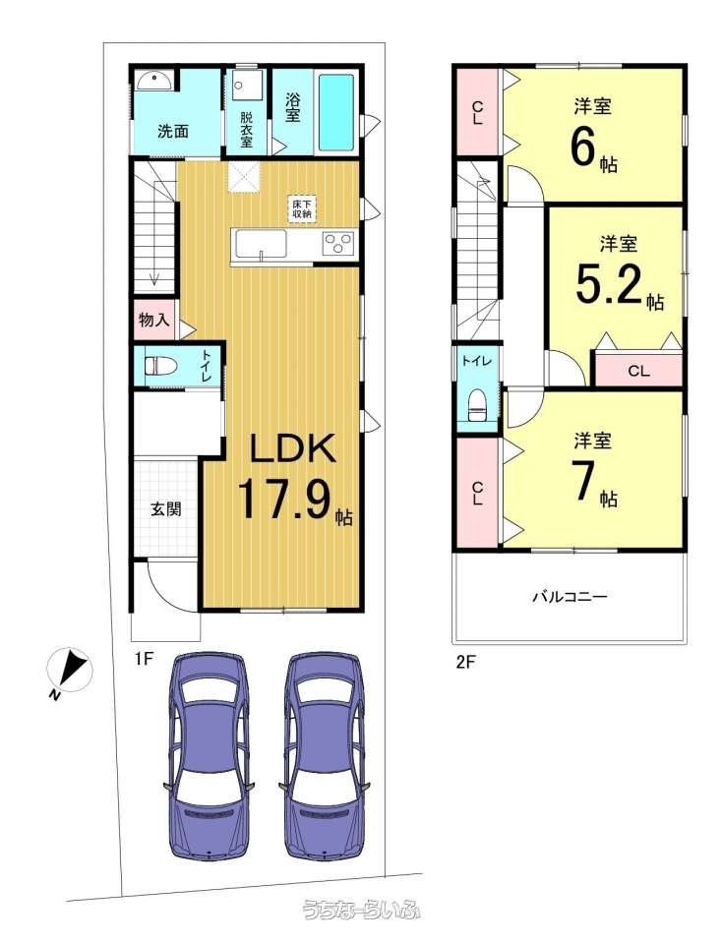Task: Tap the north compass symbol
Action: [x=69, y=672]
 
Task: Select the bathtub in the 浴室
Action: [x=335, y=112]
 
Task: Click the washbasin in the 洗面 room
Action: [x=154, y=80]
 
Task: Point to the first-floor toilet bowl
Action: [x=160, y=366]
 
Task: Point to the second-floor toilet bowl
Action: [x=477, y=404]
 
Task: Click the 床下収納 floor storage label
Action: [x=302, y=208]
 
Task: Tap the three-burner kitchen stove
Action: [x=339, y=244]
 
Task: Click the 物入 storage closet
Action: [x=154, y=319]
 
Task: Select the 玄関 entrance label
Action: [x=165, y=509]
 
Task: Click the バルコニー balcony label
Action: [x=570, y=597]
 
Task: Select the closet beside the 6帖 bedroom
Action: [x=477, y=111]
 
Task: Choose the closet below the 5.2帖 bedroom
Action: [x=639, y=371]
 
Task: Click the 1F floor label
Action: [x=145, y=659]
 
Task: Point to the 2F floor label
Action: [x=466, y=663]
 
